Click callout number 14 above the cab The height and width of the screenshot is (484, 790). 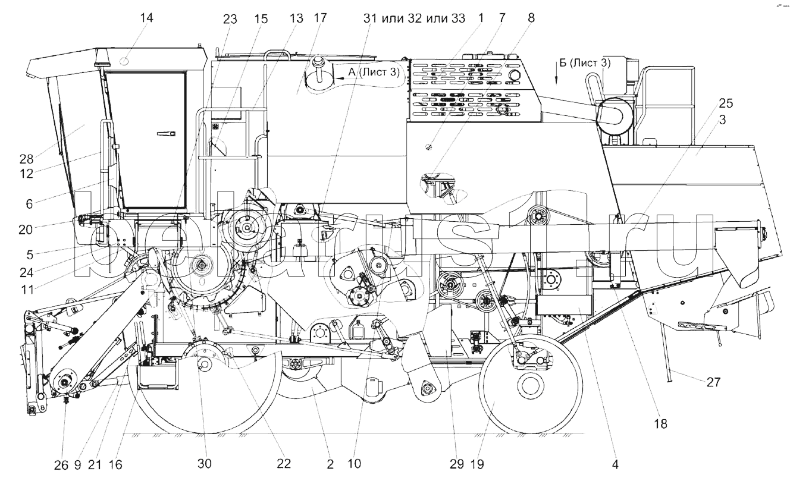click(x=146, y=18)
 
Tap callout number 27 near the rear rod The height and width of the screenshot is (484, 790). click(x=714, y=382)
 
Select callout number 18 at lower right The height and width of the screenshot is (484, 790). click(x=661, y=423)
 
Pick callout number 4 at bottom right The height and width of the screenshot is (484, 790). click(x=615, y=465)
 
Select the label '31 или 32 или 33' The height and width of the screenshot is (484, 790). click(x=414, y=18)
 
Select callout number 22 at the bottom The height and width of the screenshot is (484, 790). click(x=284, y=464)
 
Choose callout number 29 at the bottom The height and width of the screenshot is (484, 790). click(x=456, y=465)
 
